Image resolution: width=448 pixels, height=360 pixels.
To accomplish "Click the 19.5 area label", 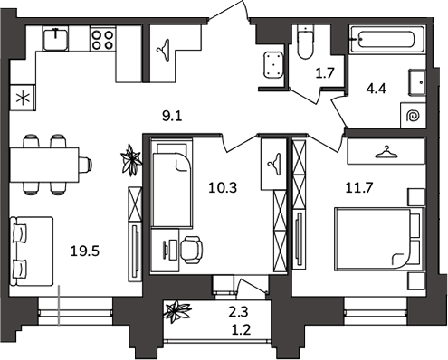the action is (x=85, y=251).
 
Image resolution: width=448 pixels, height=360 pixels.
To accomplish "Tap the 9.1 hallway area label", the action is (x=172, y=116).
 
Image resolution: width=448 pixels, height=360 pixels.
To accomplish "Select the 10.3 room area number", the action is (x=223, y=188).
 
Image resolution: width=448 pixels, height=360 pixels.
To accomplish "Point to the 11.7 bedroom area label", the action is (x=359, y=187).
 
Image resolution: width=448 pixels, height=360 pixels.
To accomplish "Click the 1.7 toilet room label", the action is (x=325, y=73).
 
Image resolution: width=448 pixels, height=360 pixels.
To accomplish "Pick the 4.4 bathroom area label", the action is (x=377, y=89).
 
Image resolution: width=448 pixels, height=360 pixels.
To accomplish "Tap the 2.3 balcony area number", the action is (x=238, y=312).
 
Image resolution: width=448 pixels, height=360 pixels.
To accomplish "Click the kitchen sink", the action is (x=55, y=39).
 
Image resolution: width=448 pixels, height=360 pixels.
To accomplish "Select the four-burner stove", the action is (x=102, y=39).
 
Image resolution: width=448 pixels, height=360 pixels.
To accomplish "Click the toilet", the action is (x=306, y=42).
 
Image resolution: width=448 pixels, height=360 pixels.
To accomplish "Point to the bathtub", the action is (x=387, y=39).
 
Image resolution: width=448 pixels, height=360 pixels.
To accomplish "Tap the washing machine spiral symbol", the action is (x=413, y=116).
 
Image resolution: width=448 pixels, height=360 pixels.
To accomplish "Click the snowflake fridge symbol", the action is (x=23, y=99).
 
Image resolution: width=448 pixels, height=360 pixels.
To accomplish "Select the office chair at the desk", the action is (x=191, y=250).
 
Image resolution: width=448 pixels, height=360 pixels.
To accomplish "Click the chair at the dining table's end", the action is (x=85, y=165).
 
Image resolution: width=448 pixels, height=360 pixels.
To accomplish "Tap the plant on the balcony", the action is (x=176, y=310).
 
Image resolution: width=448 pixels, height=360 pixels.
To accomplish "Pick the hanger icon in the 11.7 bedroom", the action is (x=386, y=152).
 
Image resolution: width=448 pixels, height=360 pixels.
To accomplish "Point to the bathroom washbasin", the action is (x=417, y=82).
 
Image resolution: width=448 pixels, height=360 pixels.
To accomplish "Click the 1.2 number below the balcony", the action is (x=242, y=330).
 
